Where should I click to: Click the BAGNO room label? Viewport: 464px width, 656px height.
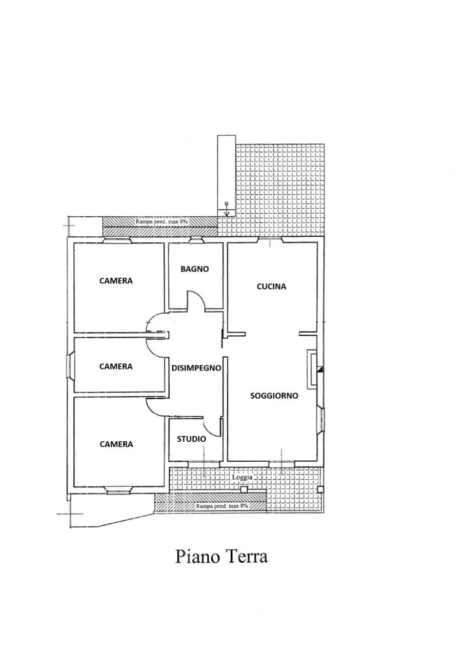click(x=194, y=269)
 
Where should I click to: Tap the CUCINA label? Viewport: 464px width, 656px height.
click(x=271, y=286)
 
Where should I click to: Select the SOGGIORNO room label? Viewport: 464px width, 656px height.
click(x=274, y=396)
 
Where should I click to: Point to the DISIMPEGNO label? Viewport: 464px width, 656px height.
click(x=196, y=368)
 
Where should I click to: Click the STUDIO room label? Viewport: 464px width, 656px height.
click(x=191, y=439)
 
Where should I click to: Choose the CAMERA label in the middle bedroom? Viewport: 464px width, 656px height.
click(x=116, y=366)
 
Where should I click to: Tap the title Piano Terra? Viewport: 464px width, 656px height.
click(x=221, y=557)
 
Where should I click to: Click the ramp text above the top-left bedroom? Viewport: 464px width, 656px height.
click(x=162, y=221)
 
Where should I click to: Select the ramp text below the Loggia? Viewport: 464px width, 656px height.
click(x=221, y=506)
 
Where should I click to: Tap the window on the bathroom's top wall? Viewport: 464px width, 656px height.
click(x=196, y=239)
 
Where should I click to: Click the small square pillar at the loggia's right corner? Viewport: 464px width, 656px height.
click(x=320, y=489)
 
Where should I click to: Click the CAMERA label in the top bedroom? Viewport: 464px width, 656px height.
click(x=116, y=281)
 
